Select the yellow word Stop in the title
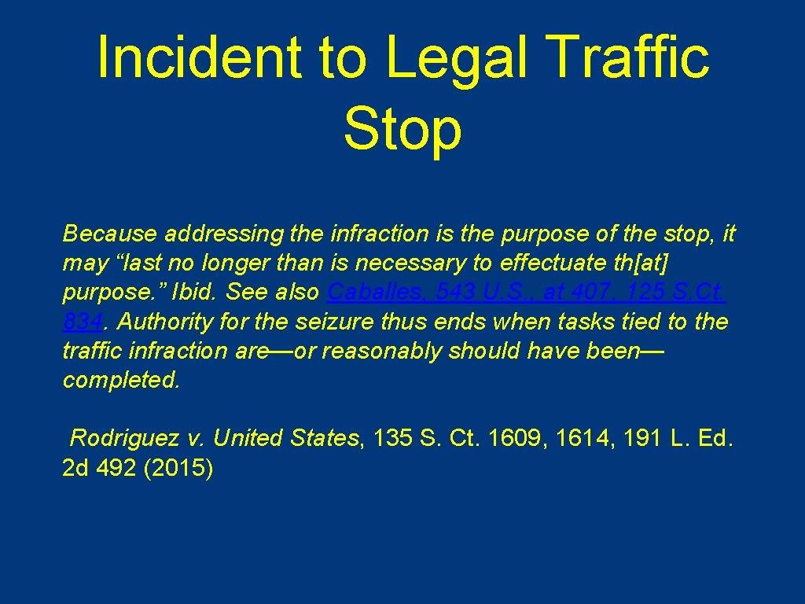[402, 130]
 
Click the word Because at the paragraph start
[105, 234]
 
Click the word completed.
[121, 381]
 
